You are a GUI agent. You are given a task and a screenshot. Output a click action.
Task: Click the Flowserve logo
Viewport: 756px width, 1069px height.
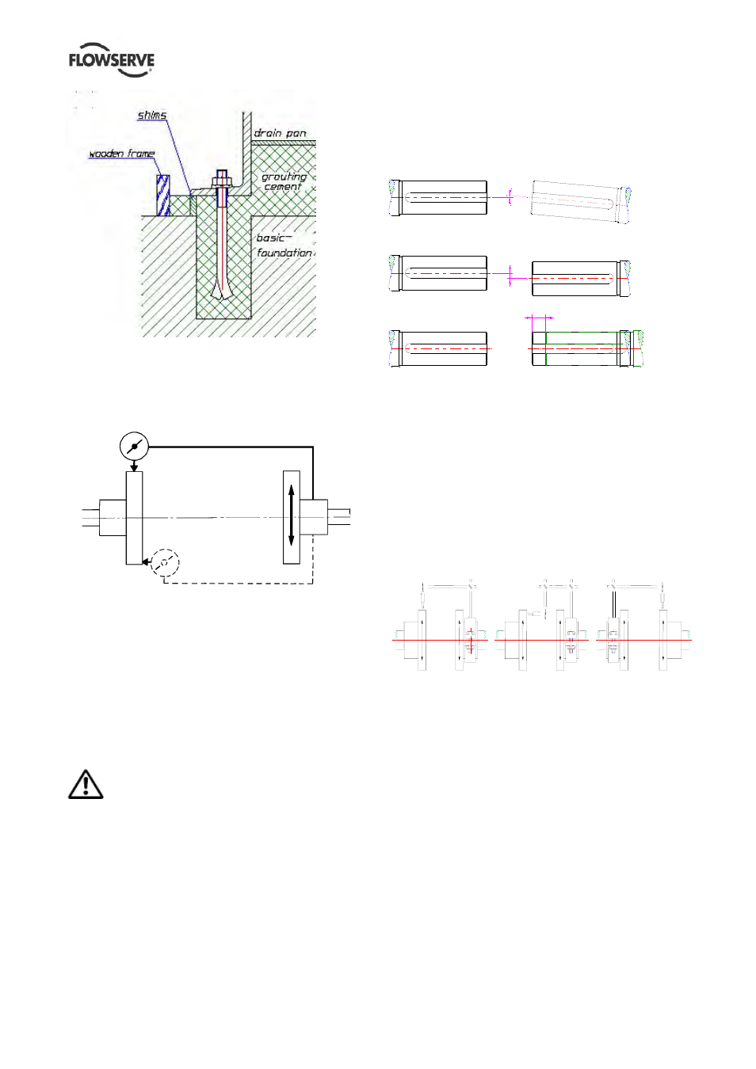[x=111, y=60]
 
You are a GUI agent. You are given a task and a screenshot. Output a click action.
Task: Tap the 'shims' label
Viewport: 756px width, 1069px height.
[x=152, y=115]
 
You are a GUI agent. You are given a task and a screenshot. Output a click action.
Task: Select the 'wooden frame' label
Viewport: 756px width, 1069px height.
[x=122, y=153]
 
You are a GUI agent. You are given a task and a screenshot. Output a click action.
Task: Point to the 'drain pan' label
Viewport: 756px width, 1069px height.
[x=280, y=133]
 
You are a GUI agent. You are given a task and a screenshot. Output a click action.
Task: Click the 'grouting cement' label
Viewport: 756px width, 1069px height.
[x=284, y=181]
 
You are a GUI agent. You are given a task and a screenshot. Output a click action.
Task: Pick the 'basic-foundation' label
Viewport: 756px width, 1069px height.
[x=284, y=245]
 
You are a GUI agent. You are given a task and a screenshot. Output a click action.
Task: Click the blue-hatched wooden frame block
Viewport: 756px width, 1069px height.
[x=163, y=196]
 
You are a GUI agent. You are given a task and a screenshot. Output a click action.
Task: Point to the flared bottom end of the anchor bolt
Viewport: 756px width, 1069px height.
[x=222, y=290]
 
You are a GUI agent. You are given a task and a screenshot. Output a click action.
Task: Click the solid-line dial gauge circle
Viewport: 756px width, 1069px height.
[x=134, y=447]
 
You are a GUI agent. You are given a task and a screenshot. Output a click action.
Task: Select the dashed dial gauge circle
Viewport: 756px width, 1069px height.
[x=166, y=563]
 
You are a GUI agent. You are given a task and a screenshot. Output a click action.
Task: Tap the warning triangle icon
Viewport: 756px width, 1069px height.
[x=86, y=784]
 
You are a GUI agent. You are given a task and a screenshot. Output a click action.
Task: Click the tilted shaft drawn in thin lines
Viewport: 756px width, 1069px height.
[x=580, y=201]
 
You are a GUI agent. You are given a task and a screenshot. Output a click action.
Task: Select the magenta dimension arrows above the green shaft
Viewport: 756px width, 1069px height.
[x=539, y=318]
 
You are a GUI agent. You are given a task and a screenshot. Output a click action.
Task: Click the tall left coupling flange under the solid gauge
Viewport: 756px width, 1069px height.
[x=134, y=519]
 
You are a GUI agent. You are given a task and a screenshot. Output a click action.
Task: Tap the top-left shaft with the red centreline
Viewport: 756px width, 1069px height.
[x=438, y=198]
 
